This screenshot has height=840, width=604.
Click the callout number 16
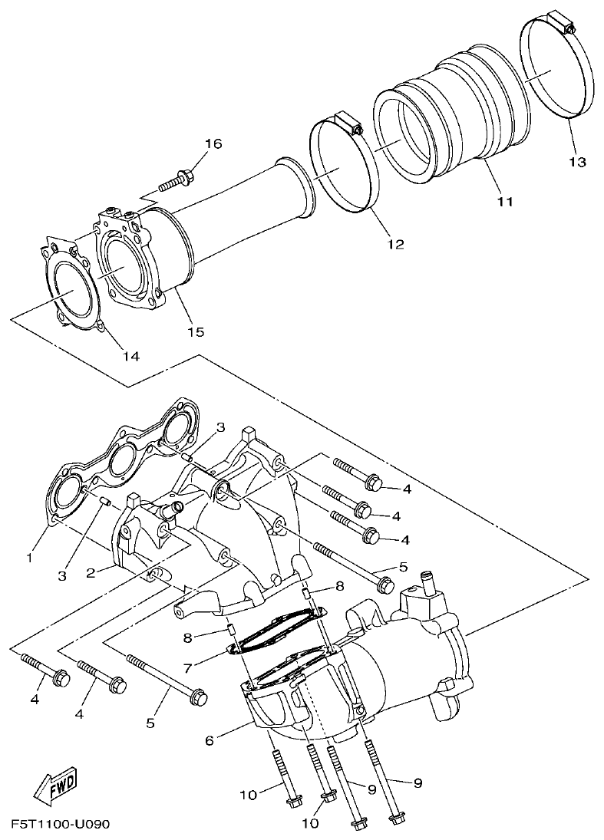(x=213, y=143)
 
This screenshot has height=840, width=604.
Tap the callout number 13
(x=577, y=162)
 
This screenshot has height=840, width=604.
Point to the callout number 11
(x=504, y=202)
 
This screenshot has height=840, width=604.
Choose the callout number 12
(x=394, y=245)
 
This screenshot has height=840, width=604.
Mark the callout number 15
(x=196, y=331)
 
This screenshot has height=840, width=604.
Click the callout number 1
(x=29, y=558)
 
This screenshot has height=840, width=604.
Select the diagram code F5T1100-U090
(x=61, y=825)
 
